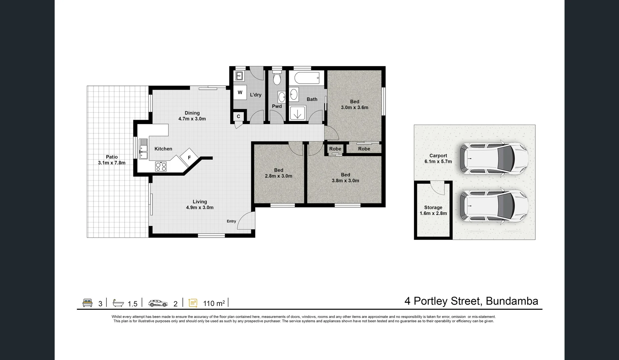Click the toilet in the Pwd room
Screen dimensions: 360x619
pos(277,78)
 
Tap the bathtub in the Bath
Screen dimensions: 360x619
pos(307,78)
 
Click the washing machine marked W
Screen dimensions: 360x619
pos(240,93)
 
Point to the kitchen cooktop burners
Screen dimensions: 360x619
pos(161,166)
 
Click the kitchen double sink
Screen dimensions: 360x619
pos(143,149)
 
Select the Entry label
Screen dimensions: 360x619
pos(231,221)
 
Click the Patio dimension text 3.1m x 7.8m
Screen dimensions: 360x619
pos(112,163)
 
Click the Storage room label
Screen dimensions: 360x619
pos(433,207)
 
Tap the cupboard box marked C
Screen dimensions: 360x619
pos(238,117)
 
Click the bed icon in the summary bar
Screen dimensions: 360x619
pos(87,303)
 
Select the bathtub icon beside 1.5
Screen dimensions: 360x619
pos(118,303)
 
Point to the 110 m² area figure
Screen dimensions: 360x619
pos(214,303)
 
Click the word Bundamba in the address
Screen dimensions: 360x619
pos(512,301)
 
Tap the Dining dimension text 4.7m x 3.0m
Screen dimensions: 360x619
pos(192,119)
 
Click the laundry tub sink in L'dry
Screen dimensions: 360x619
pos(239,76)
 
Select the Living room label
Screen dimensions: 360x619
pos(200,202)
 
